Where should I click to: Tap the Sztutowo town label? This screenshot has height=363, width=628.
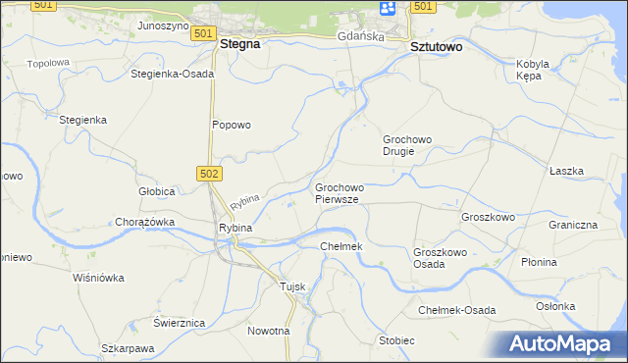[436, 46]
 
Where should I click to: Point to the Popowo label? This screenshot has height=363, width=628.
[233, 125]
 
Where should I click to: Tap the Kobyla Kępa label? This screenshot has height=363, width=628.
[533, 71]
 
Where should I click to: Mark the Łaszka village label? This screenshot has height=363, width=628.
[566, 171]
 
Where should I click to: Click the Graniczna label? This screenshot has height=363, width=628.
[573, 224]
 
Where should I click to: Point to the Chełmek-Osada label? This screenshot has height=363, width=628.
[457, 310]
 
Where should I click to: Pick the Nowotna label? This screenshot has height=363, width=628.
[269, 331]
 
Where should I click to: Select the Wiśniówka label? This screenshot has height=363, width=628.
[99, 278]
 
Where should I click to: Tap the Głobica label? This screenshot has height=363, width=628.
[156, 190]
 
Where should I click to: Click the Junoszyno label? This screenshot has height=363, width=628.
[163, 26]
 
